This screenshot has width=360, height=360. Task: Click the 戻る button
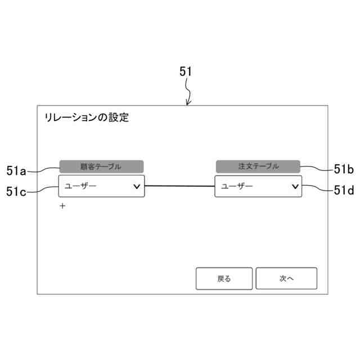pyautogui.click(x=224, y=278)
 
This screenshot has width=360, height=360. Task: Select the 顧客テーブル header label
pyautogui.click(x=101, y=166)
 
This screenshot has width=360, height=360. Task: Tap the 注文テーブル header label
pyautogui.click(x=258, y=166)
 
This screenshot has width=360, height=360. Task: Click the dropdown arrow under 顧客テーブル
pyautogui.click(x=137, y=186)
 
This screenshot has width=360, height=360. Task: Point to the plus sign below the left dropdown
pyautogui.click(x=62, y=206)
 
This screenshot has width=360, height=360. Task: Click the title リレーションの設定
pyautogui.click(x=86, y=118)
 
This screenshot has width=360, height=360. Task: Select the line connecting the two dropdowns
pyautogui.click(x=179, y=186)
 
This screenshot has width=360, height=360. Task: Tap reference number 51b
pyautogui.click(x=343, y=169)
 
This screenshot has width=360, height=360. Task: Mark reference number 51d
pyautogui.click(x=343, y=190)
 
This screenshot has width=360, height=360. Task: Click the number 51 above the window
pyautogui.click(x=186, y=71)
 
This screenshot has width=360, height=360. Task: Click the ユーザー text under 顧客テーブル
pyautogui.click(x=80, y=186)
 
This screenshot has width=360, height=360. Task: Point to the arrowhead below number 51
pyautogui.click(x=188, y=103)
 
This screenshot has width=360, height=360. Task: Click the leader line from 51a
pyautogui.click(x=45, y=168)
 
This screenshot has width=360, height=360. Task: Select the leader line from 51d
pyautogui.click(x=315, y=188)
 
